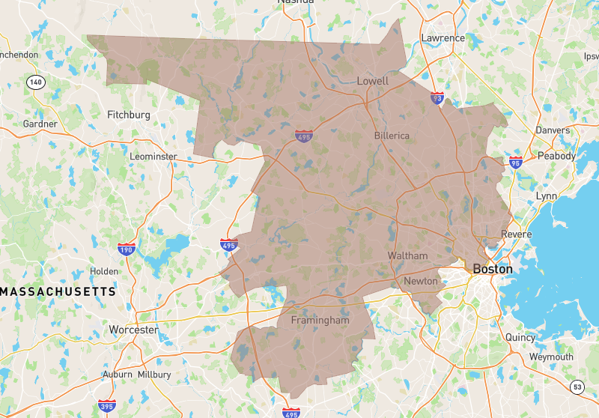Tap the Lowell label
tap(372, 81)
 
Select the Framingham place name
tap(320, 320)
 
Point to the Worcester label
tap(133, 330)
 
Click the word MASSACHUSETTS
tap(58, 291)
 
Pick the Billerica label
tap(392, 136)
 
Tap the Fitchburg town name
tap(129, 115)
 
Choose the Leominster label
tap(153, 157)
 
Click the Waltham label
tap(407, 255)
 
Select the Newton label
tap(420, 281)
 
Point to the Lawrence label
tap(443, 38)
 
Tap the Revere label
tap(517, 234)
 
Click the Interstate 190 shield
tap(127, 249)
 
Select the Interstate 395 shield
tap(106, 405)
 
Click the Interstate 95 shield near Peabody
tap(514, 162)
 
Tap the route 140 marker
tap(34, 81)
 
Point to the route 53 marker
tap(576, 387)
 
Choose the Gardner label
tap(40, 124)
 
